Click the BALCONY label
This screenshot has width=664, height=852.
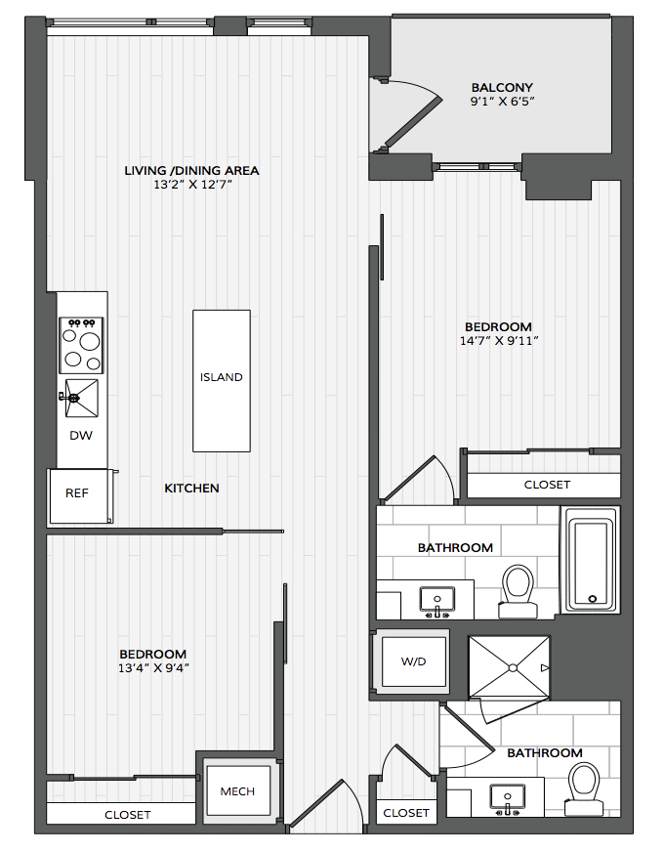click(502, 87)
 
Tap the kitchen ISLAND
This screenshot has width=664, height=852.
click(222, 381)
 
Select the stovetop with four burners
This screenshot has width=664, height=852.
click(81, 346)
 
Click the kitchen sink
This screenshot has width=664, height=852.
click(81, 399)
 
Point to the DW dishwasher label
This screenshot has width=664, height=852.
click(81, 435)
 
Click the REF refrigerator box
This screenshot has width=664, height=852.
click(81, 496)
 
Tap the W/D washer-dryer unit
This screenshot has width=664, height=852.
click(414, 661)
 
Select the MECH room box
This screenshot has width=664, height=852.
click(238, 791)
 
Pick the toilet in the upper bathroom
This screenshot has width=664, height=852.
click(518, 592)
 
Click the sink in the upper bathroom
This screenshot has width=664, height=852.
click(437, 601)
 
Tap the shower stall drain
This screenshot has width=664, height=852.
click(513, 667)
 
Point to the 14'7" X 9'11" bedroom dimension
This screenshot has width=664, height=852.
click(499, 341)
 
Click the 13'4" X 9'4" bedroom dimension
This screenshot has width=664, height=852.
click(153, 667)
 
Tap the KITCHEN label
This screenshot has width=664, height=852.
click(191, 488)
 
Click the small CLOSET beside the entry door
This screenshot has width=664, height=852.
click(406, 813)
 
